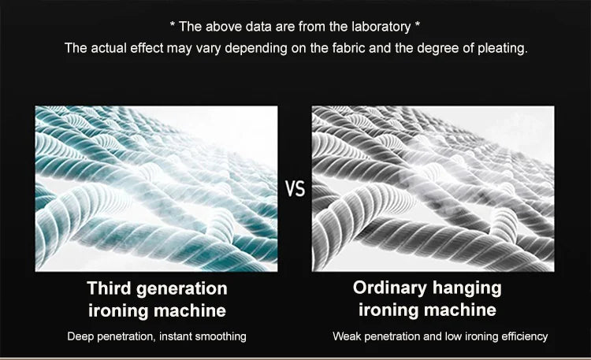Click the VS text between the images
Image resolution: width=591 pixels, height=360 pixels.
pyautogui.click(x=295, y=189)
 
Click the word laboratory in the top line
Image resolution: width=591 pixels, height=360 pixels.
pyautogui.click(x=381, y=27)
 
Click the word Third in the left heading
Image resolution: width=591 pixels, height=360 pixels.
pyautogui.click(x=110, y=288)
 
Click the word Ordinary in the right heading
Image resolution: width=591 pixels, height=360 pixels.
pyautogui.click(x=390, y=288)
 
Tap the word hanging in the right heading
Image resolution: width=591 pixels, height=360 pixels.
pyautogui.click(x=467, y=288)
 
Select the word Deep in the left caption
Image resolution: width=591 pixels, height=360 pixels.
pyautogui.click(x=80, y=336)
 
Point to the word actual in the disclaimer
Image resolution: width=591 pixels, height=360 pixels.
pyautogui.click(x=109, y=48)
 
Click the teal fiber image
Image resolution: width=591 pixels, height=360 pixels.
pyautogui.click(x=157, y=188)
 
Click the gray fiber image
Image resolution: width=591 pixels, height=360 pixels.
pyautogui.click(x=433, y=188)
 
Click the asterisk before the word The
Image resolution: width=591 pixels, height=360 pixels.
pyautogui.click(x=173, y=25)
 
